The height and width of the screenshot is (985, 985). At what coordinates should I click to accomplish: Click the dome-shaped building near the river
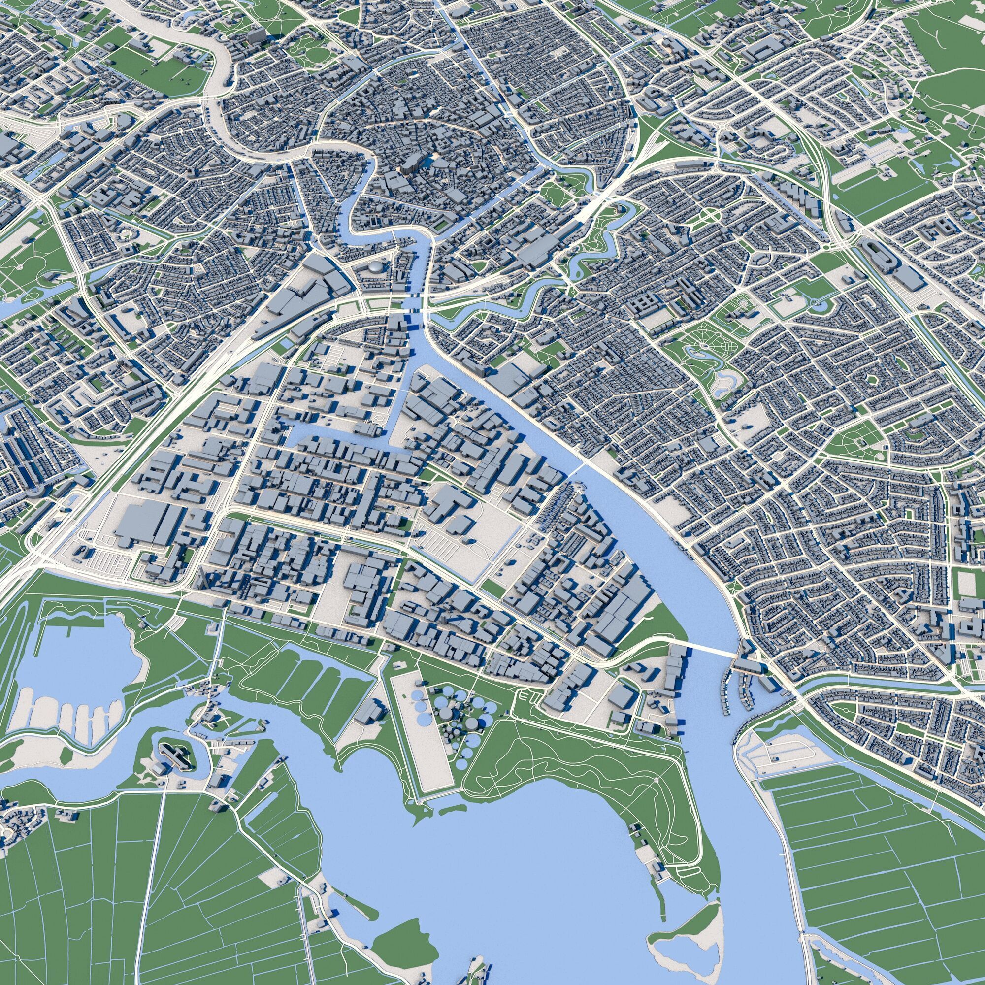pos(376,266)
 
